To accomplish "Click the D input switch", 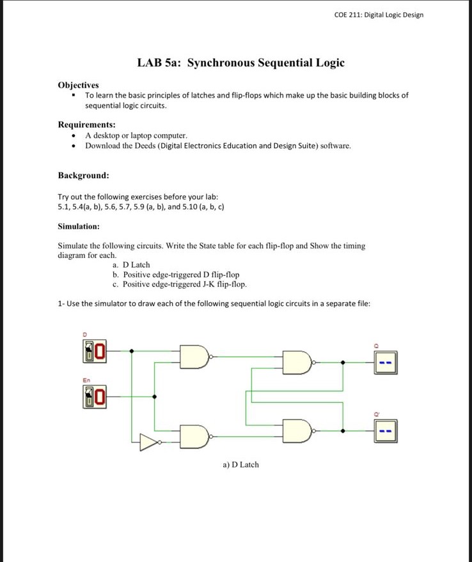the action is tap(95, 351).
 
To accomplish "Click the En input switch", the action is tap(95, 397).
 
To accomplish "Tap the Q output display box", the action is tap(386, 363).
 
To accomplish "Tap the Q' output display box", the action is tap(386, 431).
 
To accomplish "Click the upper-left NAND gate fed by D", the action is tap(195, 357).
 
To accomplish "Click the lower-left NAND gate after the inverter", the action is tap(195, 437).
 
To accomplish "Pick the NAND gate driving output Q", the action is tap(299, 363).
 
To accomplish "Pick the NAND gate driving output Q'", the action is tap(299, 431).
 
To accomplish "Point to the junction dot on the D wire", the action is tap(132, 351).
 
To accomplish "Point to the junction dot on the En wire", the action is tap(154, 397).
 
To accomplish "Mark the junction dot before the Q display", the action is tap(343, 363).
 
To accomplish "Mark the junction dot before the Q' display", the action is tap(343, 431).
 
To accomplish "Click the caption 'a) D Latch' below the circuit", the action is tap(240, 464).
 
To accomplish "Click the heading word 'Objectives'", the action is tap(78, 85).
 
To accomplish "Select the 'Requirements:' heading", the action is tap(87, 125).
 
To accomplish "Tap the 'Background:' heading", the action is tap(84, 175).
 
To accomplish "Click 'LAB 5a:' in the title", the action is tap(159, 63).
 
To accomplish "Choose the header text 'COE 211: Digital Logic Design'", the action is tap(379, 15).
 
